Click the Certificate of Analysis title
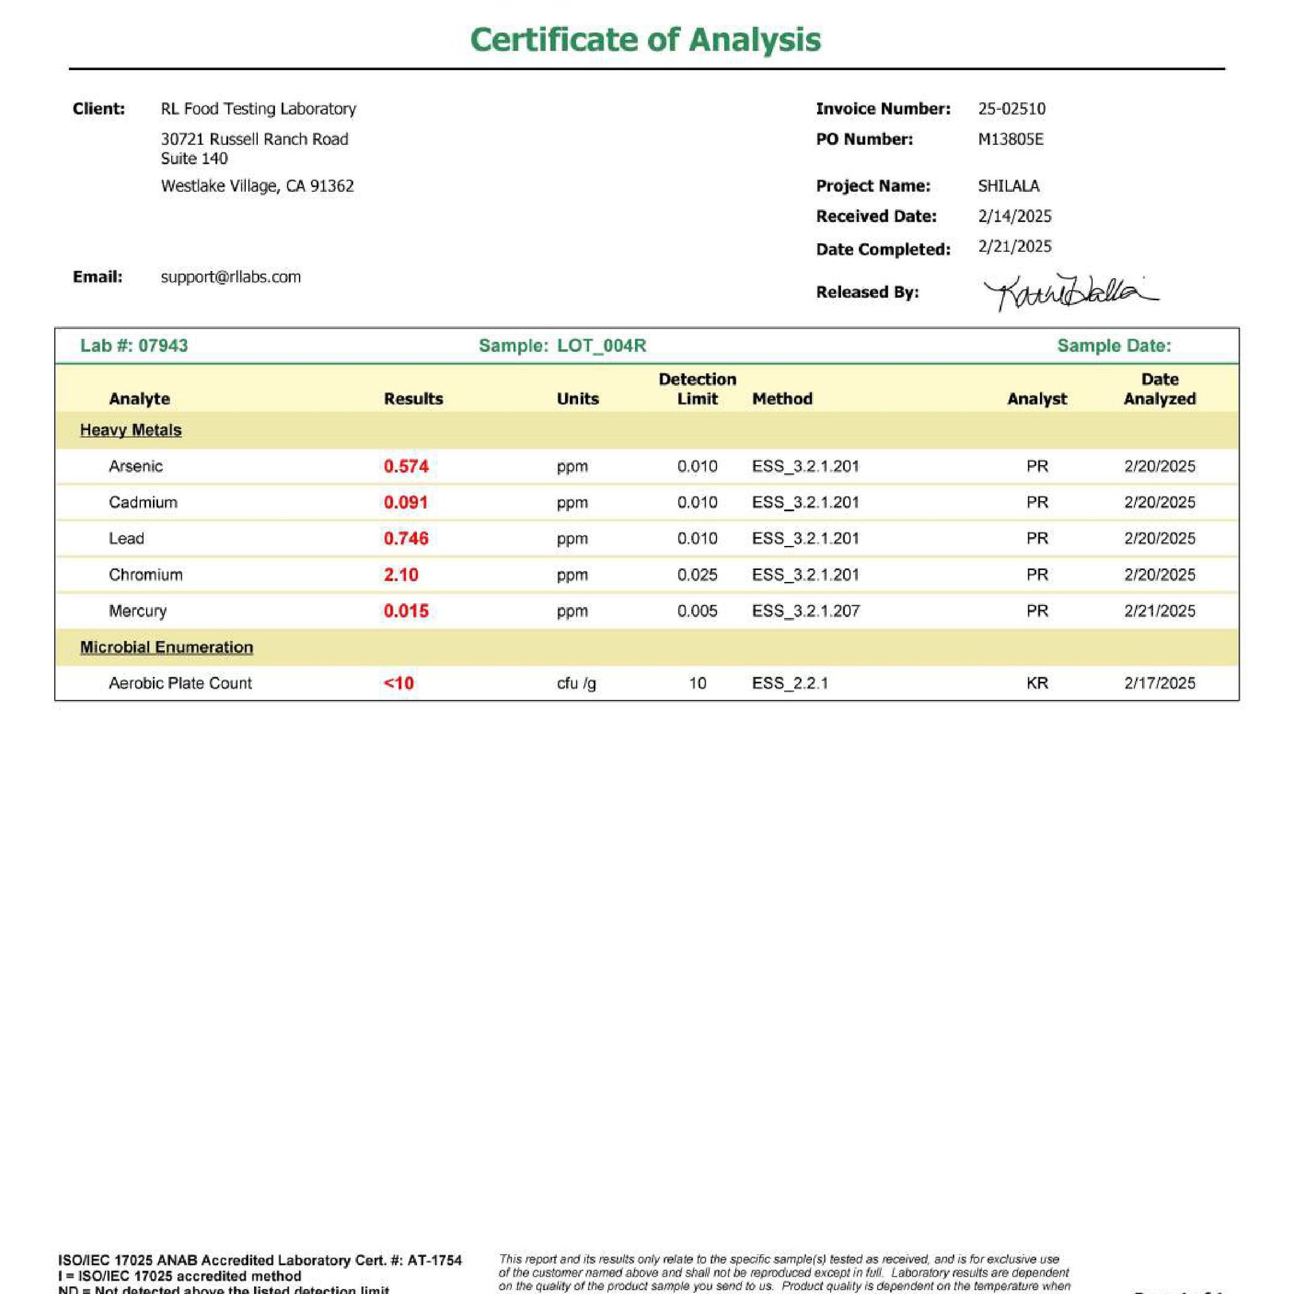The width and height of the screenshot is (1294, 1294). point(645,40)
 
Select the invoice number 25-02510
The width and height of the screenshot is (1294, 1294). point(1012,109)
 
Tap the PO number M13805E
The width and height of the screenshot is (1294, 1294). point(1010,139)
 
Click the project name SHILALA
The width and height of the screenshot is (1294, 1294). point(1008,186)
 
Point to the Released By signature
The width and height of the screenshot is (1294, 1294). point(1070,292)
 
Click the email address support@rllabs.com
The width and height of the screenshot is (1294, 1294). point(231,277)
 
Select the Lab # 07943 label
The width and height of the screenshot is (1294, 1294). point(134,346)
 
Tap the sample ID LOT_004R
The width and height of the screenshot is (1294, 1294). point(602,346)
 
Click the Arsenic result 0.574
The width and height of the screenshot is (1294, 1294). point(406,466)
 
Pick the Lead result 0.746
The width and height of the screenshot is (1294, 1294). point(406,538)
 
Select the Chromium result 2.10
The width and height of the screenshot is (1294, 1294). point(401,575)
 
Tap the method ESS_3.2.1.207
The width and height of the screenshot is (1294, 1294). point(805,611)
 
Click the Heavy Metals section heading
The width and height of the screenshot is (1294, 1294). point(131,430)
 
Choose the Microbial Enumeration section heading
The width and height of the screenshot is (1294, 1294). point(167,647)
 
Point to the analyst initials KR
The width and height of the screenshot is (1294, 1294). point(1037,683)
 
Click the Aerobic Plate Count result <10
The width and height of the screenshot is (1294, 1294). point(399,683)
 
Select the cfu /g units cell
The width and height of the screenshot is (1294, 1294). point(576,683)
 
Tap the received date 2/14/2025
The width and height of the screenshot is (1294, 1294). point(1014,216)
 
